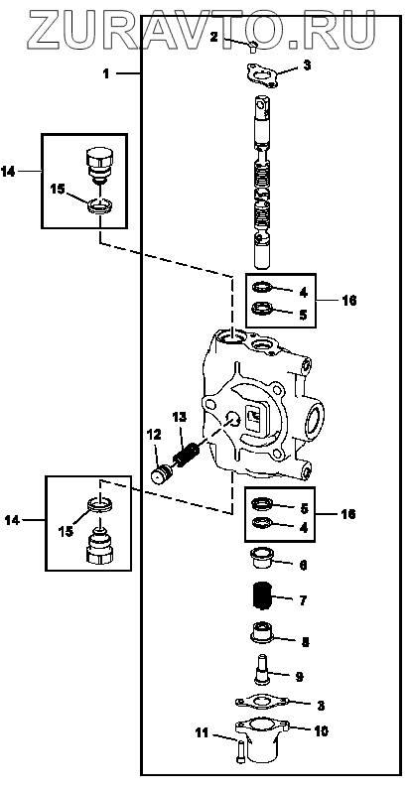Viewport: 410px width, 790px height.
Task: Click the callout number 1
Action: tap(106, 73)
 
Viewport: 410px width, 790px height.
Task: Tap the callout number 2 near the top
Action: tap(214, 37)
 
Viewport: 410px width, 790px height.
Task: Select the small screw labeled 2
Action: tap(253, 48)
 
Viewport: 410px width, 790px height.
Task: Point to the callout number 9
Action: tap(299, 677)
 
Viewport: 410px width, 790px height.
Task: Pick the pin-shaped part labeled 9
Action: tap(262, 669)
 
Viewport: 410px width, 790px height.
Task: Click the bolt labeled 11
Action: tap(239, 749)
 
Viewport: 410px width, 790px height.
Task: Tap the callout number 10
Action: tap(322, 730)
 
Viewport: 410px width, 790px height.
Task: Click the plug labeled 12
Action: tap(161, 473)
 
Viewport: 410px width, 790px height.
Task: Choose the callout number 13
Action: tap(179, 418)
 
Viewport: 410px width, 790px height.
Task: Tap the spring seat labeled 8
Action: tap(262, 632)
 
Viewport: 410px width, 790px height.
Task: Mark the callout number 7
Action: tap(303, 601)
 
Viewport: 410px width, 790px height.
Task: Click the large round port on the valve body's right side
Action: tap(315, 418)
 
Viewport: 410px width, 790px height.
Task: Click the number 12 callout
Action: tap(154, 433)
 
